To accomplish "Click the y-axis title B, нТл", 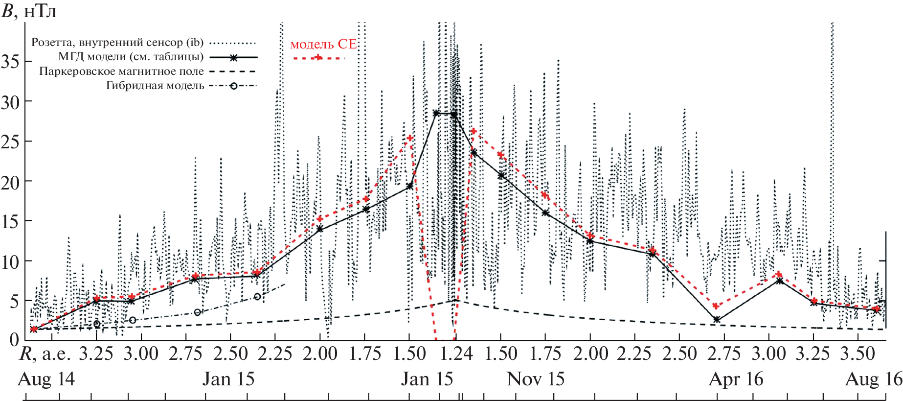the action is click(29, 10).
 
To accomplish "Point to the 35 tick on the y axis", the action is click(10, 62).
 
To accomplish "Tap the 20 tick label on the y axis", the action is click(10, 182).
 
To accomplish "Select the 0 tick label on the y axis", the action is click(14, 339).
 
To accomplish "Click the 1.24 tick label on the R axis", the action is click(456, 354).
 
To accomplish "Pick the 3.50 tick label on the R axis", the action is click(858, 354).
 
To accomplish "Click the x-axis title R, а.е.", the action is click(45, 354).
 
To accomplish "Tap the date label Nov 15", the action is click(536, 379).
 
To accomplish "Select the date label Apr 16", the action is click(736, 379).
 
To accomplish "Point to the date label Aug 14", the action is click(46, 379).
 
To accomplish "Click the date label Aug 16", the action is click(874, 379).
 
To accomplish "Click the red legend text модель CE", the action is click(323, 44).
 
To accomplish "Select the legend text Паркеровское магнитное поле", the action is click(121, 71).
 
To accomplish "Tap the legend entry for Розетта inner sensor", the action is click(117, 43).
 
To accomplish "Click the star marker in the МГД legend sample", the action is click(234, 57).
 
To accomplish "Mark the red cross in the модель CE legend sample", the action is click(318, 58).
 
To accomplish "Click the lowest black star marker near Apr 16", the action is click(717, 320).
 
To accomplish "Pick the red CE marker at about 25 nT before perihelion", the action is click(410, 138).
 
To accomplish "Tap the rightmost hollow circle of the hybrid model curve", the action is click(258, 297).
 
